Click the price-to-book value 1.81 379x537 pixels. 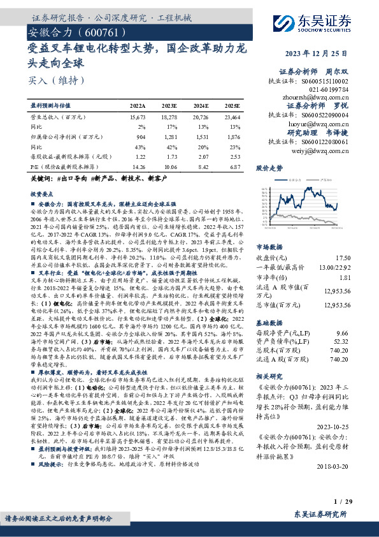344,277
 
